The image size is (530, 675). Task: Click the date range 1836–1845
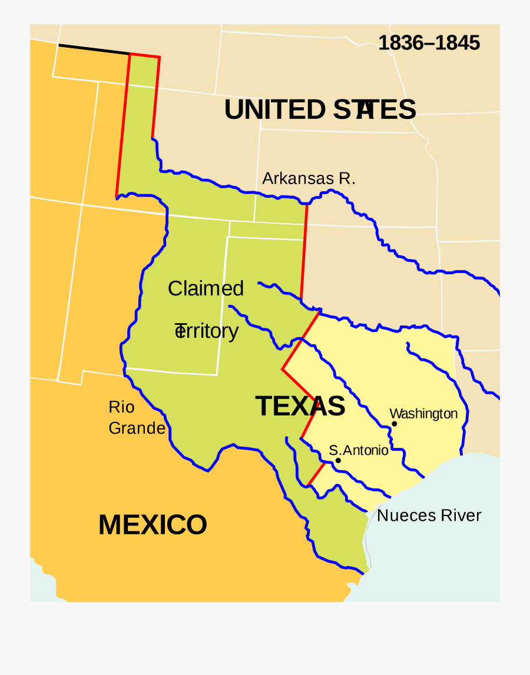click(x=429, y=43)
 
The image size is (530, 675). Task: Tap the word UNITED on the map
click(x=274, y=110)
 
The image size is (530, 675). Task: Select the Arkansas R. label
click(x=309, y=178)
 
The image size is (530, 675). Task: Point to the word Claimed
click(x=206, y=288)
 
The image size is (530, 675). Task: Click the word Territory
click(x=207, y=331)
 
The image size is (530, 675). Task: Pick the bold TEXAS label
click(x=300, y=406)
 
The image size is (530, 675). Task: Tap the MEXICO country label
click(x=153, y=524)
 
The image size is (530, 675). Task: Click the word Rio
click(x=121, y=407)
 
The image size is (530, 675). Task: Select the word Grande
click(x=137, y=428)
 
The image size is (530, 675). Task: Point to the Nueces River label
click(x=429, y=516)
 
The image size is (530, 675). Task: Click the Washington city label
click(x=423, y=414)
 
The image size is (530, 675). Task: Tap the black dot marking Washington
click(x=394, y=424)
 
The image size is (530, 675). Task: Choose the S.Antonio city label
click(x=359, y=450)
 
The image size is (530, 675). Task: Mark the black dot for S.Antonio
click(x=338, y=461)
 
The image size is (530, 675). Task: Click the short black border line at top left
click(x=94, y=49)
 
